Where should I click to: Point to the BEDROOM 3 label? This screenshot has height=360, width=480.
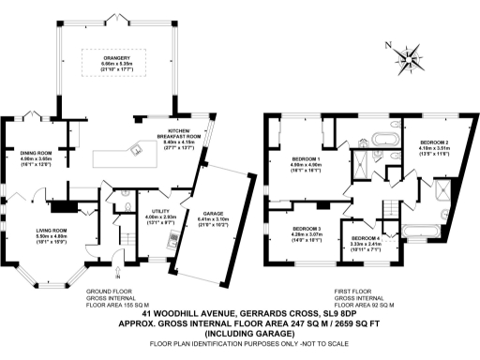tap(306, 230)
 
